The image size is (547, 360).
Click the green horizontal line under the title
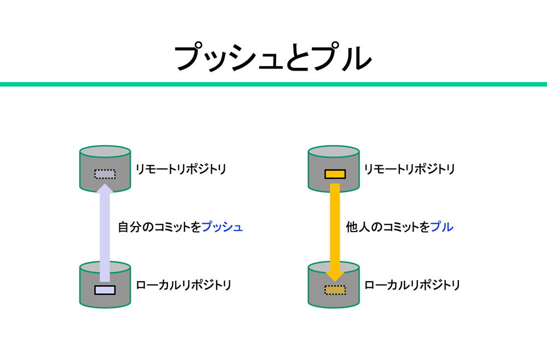273,84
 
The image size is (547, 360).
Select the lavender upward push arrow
105,235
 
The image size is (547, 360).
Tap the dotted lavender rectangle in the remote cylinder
105,174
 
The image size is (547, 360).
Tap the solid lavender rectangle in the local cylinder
105,290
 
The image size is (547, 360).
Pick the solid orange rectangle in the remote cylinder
335,174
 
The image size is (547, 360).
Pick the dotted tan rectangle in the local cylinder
335,290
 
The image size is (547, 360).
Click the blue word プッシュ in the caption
222,227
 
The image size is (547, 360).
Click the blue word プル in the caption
442,227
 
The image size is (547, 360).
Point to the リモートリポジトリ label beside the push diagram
181,169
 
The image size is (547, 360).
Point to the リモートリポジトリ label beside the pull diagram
410,169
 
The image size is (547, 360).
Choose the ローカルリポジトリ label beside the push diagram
184,285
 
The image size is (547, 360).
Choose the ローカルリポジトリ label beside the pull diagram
412,285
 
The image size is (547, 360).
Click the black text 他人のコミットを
388,227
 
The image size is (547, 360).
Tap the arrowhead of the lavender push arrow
105,189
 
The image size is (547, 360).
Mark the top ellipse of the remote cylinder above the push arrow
105,152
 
